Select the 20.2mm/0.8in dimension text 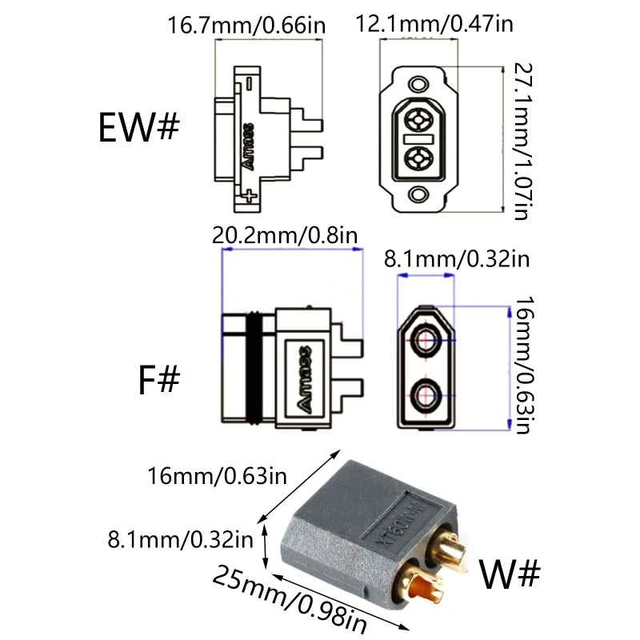pyautogui.click(x=285, y=235)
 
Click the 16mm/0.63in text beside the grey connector pyautogui.click(x=217, y=477)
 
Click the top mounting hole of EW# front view pyautogui.click(x=418, y=82)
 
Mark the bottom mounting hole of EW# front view pyautogui.click(x=418, y=194)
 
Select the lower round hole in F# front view pyautogui.click(x=425, y=393)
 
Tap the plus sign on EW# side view pyautogui.click(x=252, y=196)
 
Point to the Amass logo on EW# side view pyautogui.click(x=247, y=145)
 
